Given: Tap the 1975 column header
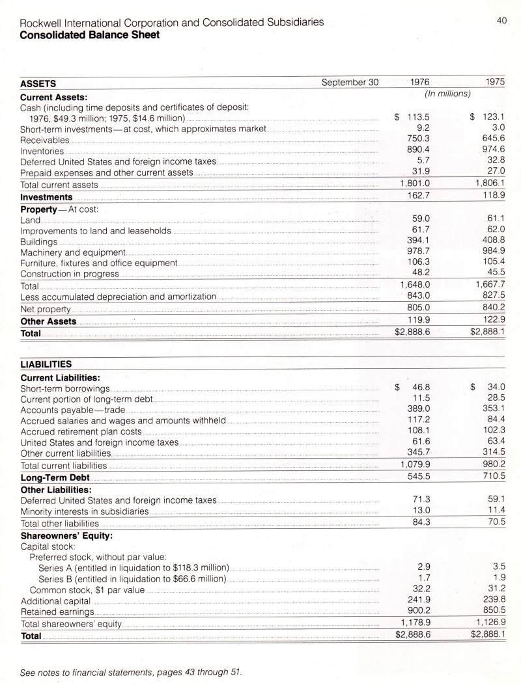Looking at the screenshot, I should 496,83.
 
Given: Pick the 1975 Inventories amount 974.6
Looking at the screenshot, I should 493,150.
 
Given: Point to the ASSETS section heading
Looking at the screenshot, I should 38,84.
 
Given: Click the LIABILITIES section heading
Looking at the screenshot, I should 46,364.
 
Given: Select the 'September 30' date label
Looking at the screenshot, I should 350,83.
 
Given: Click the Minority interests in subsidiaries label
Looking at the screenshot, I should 85,511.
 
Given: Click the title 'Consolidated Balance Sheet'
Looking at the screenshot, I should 90,34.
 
